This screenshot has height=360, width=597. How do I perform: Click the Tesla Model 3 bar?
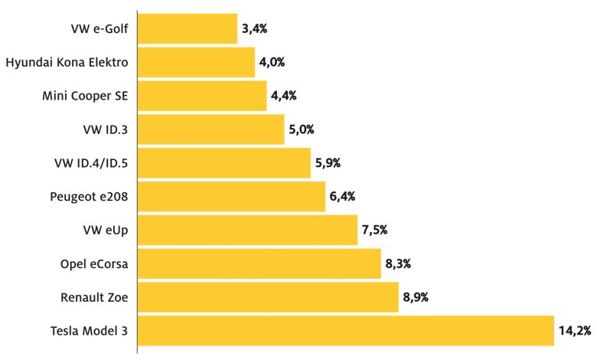(345, 331)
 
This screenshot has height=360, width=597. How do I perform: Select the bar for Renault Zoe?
(268, 297)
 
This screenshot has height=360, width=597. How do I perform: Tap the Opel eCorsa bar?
(259, 263)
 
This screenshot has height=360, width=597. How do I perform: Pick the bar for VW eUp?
(247, 230)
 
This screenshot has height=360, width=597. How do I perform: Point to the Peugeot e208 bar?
(231, 196)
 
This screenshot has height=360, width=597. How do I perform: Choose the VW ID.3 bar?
(210, 129)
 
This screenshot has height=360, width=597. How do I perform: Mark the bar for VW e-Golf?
(188, 28)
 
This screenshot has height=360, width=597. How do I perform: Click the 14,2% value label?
(575, 331)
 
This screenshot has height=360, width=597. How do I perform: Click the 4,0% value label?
(272, 62)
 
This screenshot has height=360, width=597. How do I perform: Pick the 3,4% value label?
(253, 28)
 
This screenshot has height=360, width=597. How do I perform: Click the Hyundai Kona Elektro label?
(67, 62)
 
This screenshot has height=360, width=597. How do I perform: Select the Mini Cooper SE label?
(84, 96)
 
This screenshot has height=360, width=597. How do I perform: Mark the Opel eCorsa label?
(94, 263)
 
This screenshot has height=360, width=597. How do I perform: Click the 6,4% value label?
(341, 196)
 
